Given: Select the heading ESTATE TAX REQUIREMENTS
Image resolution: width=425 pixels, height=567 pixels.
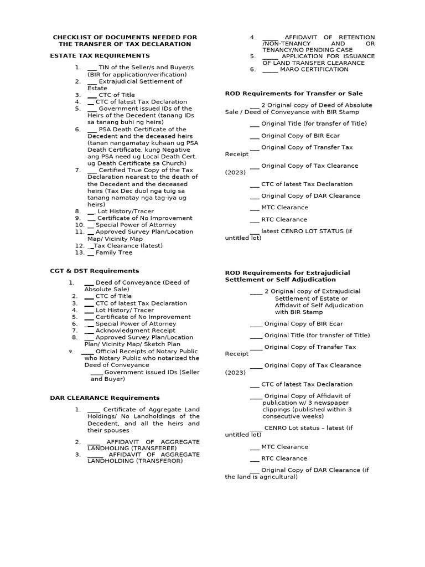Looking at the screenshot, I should point(100,56).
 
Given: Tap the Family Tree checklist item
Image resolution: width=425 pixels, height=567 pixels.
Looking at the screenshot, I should point(113,252).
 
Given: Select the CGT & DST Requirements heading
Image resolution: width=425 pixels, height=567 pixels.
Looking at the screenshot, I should point(94,271).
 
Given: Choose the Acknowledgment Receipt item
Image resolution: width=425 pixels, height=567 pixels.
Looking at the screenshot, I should point(127,330).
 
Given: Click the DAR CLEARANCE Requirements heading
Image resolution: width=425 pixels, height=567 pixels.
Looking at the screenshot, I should point(105,398).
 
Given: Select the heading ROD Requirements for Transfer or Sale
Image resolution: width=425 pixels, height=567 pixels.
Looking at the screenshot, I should point(293,94).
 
